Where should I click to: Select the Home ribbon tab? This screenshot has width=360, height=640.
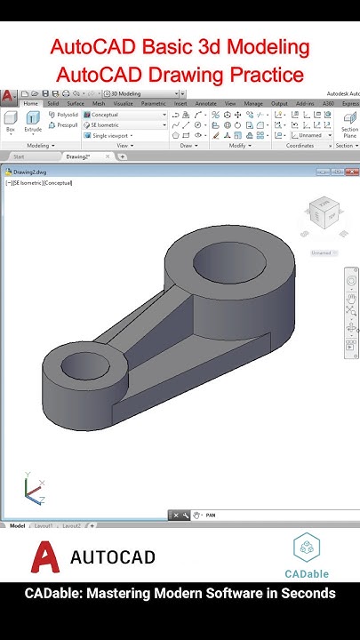click(30, 103)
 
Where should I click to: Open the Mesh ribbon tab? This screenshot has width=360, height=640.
click(99, 103)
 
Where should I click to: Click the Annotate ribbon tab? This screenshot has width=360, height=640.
click(205, 103)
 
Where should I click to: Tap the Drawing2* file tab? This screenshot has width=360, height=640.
click(78, 156)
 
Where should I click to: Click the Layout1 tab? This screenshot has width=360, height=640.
click(44, 526)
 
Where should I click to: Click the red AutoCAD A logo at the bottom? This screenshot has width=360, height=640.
click(46, 557)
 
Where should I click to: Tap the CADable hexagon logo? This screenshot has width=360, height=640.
click(308, 546)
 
